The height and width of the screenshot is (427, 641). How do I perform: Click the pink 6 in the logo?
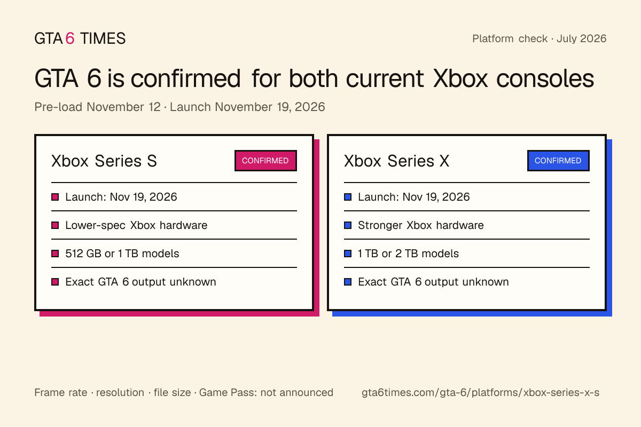(x=70, y=38)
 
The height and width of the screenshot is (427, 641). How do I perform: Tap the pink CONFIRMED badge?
(x=265, y=161)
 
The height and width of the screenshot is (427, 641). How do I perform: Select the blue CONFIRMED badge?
(x=558, y=161)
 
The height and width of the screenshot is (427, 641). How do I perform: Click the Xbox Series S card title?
(x=104, y=161)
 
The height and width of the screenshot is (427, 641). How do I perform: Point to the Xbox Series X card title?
(x=396, y=161)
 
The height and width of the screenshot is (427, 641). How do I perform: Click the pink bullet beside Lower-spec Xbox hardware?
(x=55, y=225)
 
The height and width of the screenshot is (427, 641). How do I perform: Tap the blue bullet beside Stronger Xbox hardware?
(x=348, y=225)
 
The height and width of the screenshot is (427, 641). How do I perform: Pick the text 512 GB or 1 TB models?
(x=122, y=254)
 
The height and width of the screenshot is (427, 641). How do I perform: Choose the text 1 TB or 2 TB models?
(x=408, y=254)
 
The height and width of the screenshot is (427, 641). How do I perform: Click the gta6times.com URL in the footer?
(x=480, y=392)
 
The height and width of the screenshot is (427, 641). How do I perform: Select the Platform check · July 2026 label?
(x=540, y=38)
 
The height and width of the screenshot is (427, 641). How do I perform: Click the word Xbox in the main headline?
(x=460, y=78)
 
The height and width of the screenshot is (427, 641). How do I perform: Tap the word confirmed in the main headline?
(x=185, y=78)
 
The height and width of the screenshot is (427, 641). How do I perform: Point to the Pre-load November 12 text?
(x=98, y=107)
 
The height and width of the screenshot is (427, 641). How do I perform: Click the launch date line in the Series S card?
(x=121, y=197)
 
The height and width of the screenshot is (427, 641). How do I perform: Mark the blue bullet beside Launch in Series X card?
(x=348, y=197)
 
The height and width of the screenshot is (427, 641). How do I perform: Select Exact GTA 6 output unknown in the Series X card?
(x=434, y=282)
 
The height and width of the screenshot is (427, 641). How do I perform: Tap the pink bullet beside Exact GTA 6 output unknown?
(x=55, y=282)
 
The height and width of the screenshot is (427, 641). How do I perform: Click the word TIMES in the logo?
(x=103, y=38)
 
